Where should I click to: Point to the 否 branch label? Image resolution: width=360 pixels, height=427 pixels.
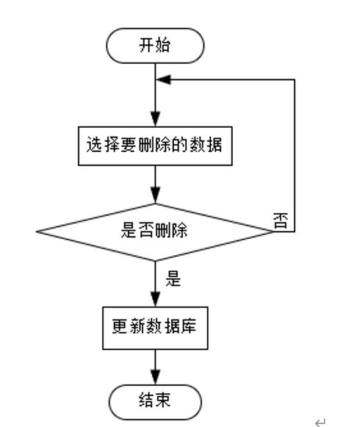280,222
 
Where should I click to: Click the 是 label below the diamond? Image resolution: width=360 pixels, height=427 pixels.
174,280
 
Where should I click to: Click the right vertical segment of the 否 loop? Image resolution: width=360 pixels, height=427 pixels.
295,154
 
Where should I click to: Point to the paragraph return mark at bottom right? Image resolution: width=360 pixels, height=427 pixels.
320,421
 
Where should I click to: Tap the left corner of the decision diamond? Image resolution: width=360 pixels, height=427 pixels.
38,232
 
